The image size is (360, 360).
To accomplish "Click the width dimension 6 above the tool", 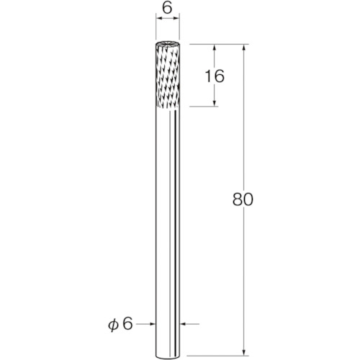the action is [x=167, y=9].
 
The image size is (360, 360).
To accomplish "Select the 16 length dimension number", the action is [x=215, y=76].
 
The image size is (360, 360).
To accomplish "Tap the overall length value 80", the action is [x=243, y=199].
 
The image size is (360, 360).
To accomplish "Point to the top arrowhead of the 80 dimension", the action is [x=244, y=48].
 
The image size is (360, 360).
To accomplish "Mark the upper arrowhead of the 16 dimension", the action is [x=215, y=48].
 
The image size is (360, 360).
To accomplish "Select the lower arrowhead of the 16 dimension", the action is [x=215, y=103].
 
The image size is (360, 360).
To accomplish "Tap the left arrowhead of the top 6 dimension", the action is [x=159, y=18].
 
